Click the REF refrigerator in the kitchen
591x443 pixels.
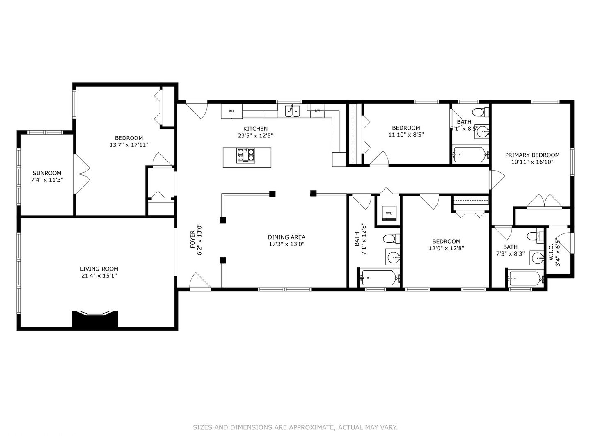click(x=231, y=111)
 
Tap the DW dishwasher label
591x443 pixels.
click(x=317, y=111)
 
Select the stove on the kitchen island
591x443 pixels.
click(x=245, y=155)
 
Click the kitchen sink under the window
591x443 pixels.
click(x=292, y=111)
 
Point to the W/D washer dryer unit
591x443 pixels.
click(x=389, y=213)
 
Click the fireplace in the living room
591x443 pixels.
click(x=95, y=319)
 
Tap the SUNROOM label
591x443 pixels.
click(x=47, y=173)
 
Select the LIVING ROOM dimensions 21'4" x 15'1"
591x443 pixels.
click(x=99, y=276)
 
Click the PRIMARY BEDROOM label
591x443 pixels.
click(x=532, y=155)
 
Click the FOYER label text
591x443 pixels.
click(x=192, y=239)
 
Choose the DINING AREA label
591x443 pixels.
click(x=286, y=237)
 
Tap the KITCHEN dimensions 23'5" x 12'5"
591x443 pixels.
click(x=255, y=135)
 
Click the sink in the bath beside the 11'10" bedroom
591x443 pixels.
click(x=482, y=132)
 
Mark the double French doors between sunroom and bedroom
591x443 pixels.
click(x=81, y=174)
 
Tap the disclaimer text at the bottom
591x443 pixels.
click(x=295, y=427)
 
